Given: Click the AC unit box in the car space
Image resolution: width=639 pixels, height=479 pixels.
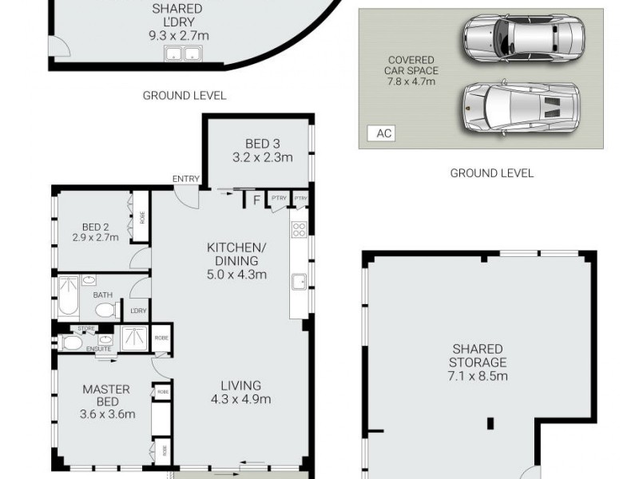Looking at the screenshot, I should coord(384,133).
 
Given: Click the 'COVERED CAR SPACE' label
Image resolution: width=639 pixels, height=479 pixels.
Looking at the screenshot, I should coord(411,70).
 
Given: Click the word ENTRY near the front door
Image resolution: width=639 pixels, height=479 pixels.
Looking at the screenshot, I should coord(185,179).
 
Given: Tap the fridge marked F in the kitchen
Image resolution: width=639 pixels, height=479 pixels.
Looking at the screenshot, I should coord(256,200).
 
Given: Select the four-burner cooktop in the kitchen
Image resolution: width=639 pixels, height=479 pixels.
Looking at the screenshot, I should coord(300,230).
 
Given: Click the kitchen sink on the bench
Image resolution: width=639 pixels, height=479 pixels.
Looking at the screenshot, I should coord(299,282).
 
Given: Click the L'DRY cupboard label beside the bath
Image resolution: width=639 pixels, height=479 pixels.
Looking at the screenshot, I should coord(138,311).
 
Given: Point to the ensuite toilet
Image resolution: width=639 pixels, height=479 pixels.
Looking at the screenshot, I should coord(71,343).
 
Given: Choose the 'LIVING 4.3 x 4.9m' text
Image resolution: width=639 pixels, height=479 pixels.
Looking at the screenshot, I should coord(241,393).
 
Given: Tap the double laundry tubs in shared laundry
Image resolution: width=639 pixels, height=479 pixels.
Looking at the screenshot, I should coord(183,54).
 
